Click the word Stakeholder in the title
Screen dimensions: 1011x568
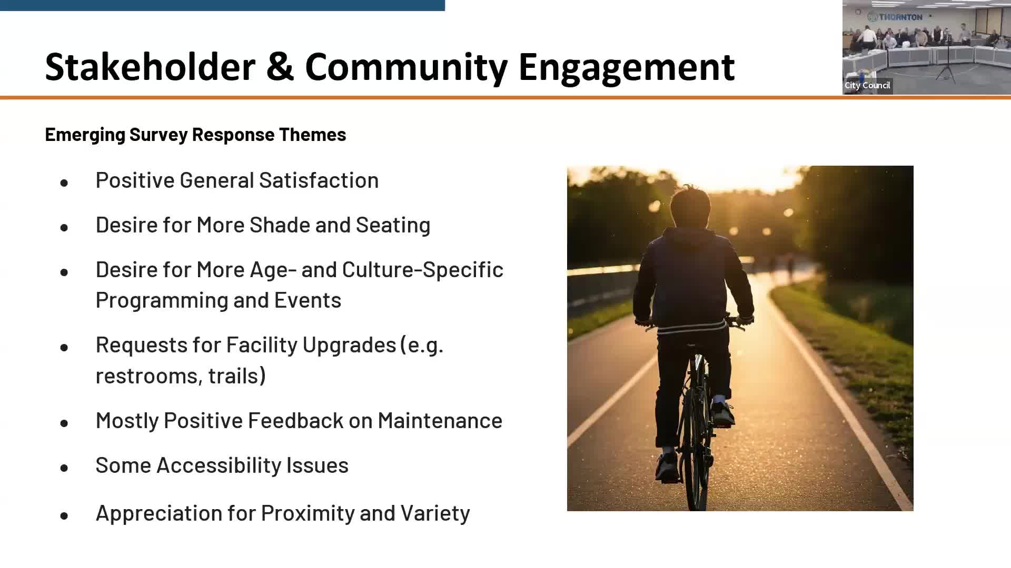point(150,67)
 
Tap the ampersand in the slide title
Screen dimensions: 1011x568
point(280,67)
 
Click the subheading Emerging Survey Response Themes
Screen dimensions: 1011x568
point(195,135)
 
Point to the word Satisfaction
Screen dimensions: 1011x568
point(319,180)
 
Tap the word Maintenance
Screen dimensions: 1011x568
point(440,421)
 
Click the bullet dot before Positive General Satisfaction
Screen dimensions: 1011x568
point(64,183)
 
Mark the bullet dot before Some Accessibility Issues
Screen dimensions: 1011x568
point(64,468)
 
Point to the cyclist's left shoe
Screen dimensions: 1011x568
point(667,465)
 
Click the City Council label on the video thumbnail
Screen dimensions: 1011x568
point(867,86)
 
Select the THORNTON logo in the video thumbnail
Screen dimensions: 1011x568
point(895,17)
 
